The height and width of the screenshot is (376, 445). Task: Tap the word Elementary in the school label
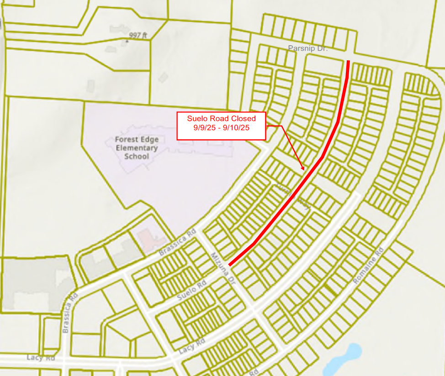point(137,148)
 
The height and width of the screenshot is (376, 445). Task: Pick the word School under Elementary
point(137,156)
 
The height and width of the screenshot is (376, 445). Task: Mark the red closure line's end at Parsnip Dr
point(349,61)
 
